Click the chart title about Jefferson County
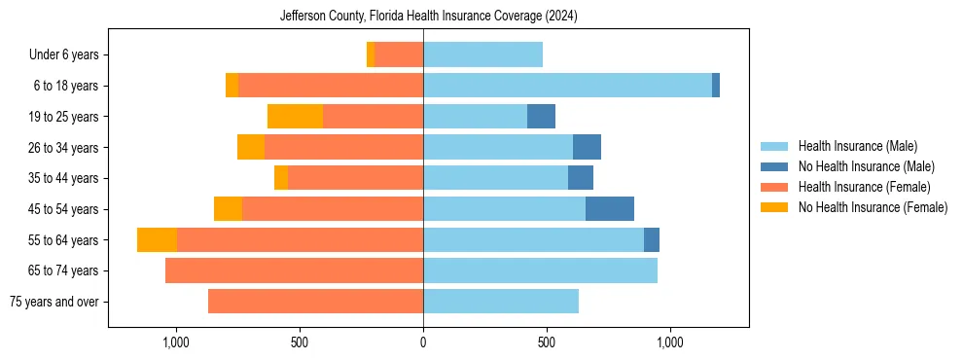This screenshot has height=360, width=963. tap(428, 17)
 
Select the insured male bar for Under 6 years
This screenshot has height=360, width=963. tap(482, 55)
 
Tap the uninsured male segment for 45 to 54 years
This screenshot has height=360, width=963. tap(610, 209)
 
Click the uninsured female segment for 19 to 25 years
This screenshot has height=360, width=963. tap(295, 117)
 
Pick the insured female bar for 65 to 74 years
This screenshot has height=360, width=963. tap(294, 270)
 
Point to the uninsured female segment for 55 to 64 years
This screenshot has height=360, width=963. tap(157, 240)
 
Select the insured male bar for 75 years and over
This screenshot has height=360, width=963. tap(501, 302)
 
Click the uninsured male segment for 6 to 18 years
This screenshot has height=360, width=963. tap(716, 86)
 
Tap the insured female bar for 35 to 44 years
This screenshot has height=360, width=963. tap(355, 178)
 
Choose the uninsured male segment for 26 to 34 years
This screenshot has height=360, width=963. tap(587, 148)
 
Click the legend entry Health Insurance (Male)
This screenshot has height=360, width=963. tap(857, 146)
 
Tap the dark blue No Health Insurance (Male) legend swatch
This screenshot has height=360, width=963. tap(775, 166)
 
